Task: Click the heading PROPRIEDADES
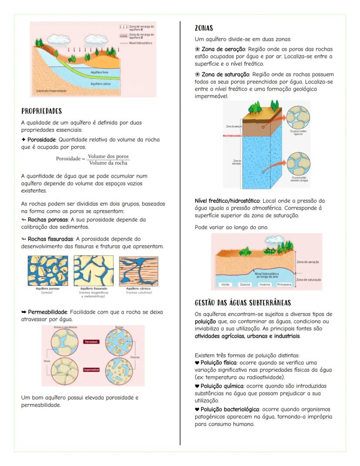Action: [42, 111]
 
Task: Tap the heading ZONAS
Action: [204, 28]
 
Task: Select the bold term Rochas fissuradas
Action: [48, 239]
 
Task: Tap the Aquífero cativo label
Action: [101, 84]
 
